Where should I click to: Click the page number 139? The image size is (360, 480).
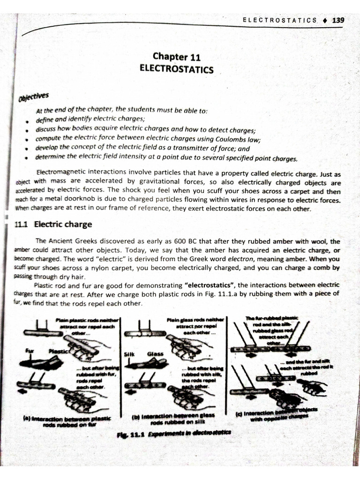338,20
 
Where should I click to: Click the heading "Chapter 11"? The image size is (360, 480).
176,57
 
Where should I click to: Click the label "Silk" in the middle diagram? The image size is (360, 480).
129,354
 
